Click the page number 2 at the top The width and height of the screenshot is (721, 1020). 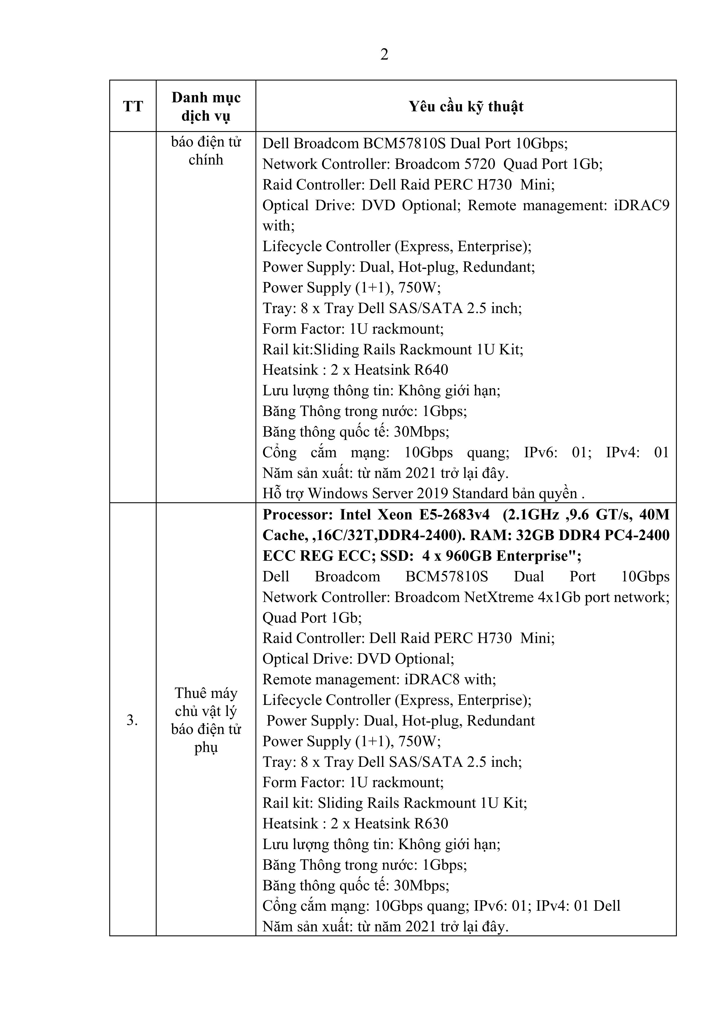(x=384, y=55)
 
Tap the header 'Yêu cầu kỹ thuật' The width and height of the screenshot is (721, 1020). (x=466, y=107)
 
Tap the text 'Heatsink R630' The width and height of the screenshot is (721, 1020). (x=401, y=823)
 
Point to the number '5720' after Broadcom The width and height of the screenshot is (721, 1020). (x=480, y=164)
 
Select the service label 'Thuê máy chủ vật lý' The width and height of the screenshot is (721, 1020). (x=206, y=702)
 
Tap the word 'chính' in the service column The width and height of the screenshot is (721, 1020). (x=206, y=160)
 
